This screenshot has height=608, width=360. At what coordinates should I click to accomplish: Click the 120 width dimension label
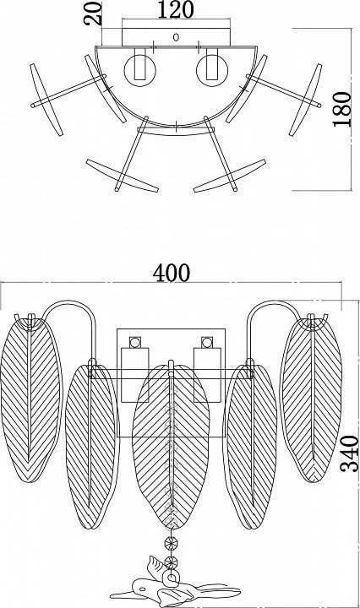pos(175,9)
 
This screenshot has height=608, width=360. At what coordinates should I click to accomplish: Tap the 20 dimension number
pos(93,14)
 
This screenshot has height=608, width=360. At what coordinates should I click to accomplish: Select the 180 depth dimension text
pos(341,109)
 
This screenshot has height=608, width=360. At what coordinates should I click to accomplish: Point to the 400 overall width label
pos(171,273)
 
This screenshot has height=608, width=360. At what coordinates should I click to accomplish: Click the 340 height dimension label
pos(349,453)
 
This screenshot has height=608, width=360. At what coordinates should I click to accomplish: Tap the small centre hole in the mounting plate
pos(176,37)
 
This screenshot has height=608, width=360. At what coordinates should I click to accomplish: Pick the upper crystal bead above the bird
pos(170,543)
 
